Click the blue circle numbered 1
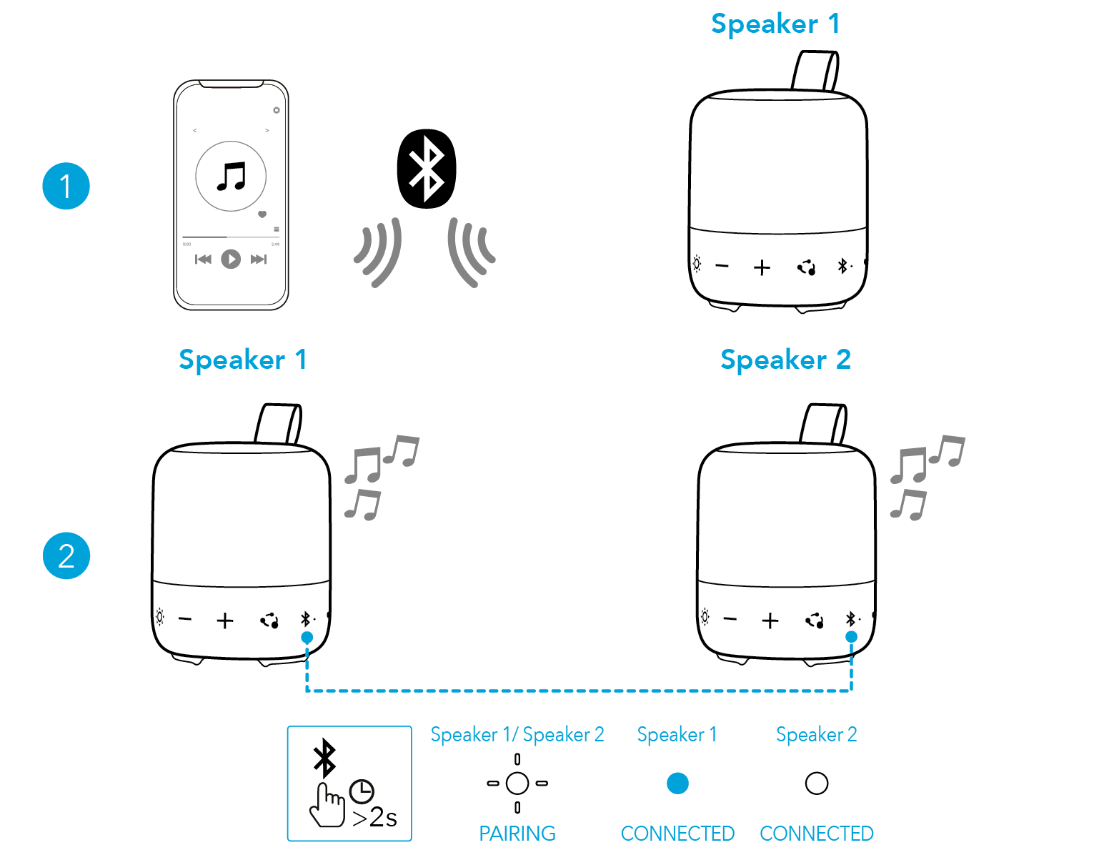click(x=66, y=186)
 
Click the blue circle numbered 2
click(x=66, y=555)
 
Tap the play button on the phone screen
click(x=230, y=259)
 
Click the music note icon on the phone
click(x=231, y=176)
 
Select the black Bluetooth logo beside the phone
click(x=427, y=169)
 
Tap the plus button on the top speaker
click(x=762, y=267)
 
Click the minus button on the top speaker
click(x=722, y=267)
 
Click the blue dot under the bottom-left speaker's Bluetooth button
click(x=307, y=637)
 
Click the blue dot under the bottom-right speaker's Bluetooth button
click(x=851, y=637)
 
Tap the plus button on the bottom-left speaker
click(x=225, y=621)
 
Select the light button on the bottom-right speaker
click(x=705, y=617)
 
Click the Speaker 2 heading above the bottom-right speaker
click(x=785, y=360)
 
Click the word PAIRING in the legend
click(x=517, y=834)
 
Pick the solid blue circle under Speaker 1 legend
click(x=677, y=784)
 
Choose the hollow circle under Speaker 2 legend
click(x=816, y=784)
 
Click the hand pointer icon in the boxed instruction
click(x=327, y=806)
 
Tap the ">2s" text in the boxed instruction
click(x=375, y=817)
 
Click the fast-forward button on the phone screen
click(x=258, y=260)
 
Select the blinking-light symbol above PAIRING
click(x=517, y=784)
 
